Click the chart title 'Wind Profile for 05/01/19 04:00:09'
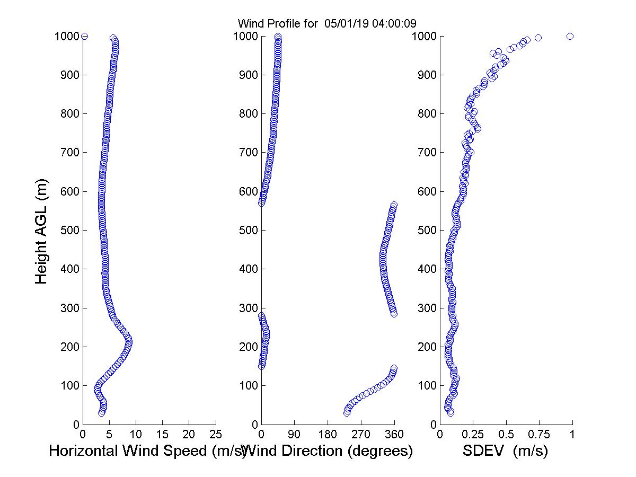[326, 23]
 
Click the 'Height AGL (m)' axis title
[41, 231]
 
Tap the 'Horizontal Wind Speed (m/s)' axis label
[147, 451]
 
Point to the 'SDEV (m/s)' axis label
[505, 451]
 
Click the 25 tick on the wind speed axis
[216, 435]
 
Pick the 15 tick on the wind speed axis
[163, 435]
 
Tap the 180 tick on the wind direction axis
[328, 435]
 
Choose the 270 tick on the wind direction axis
[361, 435]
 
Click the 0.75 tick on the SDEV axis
[539, 435]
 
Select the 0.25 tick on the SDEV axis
[473, 435]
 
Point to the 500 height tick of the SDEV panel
[427, 230]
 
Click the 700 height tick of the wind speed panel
[70, 153]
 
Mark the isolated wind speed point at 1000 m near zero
[84, 36]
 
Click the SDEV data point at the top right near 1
[570, 36]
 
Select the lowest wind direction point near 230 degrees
[347, 412]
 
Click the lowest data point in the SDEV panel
[450, 412]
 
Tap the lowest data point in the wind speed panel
[101, 412]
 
